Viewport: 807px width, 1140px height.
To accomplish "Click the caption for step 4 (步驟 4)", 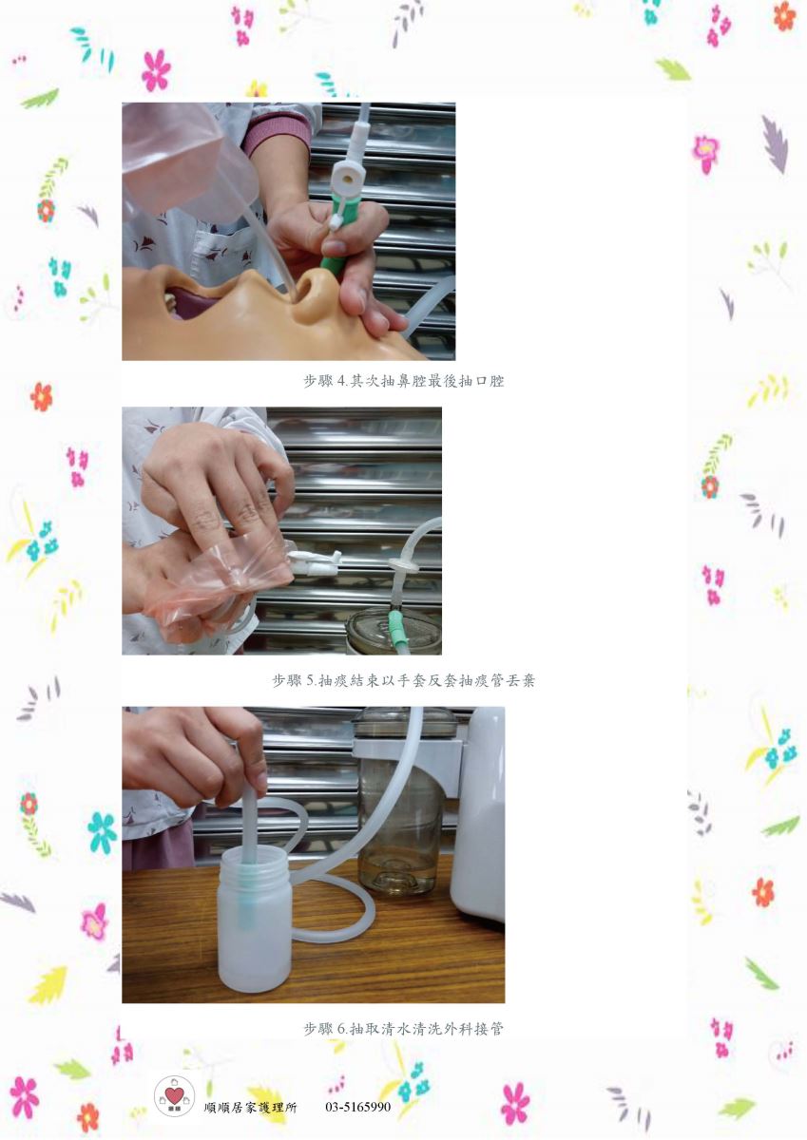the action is [x=403, y=381].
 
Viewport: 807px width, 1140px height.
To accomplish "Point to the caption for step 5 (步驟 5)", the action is [x=403, y=680].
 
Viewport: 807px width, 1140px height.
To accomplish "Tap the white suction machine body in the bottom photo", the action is [x=477, y=814].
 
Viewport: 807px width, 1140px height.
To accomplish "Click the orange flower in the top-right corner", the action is [x=784, y=16].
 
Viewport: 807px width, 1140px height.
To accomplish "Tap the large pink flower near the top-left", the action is [x=156, y=70].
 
